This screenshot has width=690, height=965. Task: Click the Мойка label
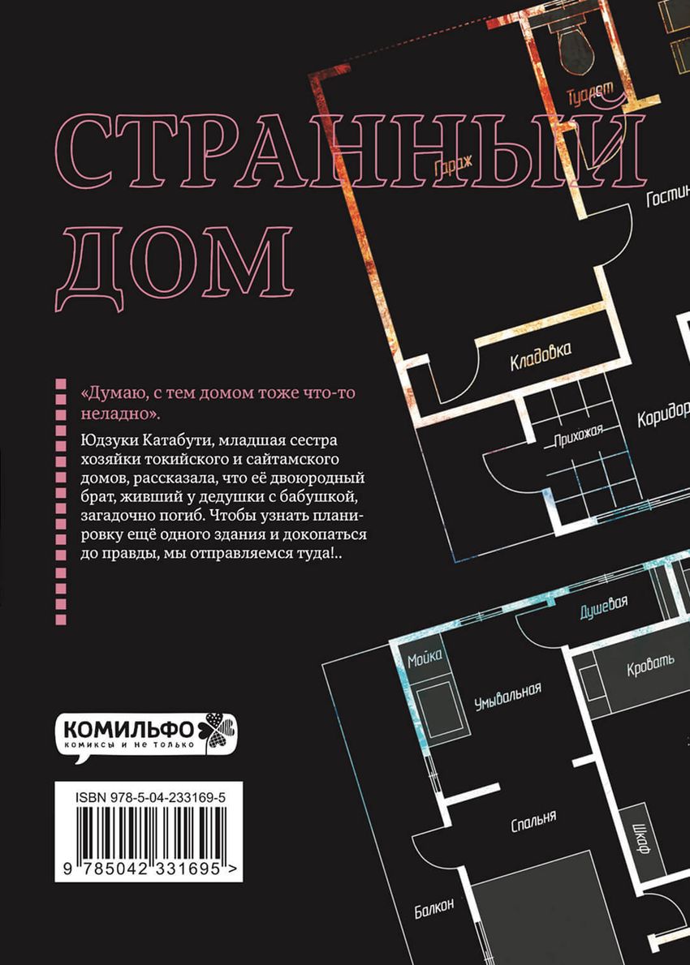425,658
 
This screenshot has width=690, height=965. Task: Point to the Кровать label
650,668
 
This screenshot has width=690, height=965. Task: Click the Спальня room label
533,821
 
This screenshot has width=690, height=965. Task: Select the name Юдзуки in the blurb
108,439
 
